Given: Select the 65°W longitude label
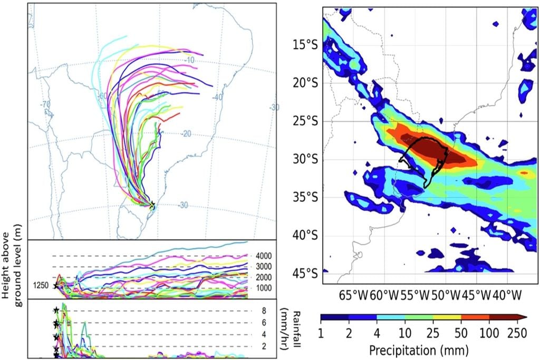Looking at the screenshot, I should tap(352, 293).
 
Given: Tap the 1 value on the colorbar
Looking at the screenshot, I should tap(321, 333).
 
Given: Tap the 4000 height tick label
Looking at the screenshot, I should tap(264, 256).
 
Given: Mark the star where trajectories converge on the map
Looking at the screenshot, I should tap(152, 205).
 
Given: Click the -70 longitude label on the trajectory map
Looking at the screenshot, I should tap(47, 104).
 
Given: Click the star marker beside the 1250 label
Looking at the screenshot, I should tap(55, 286).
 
